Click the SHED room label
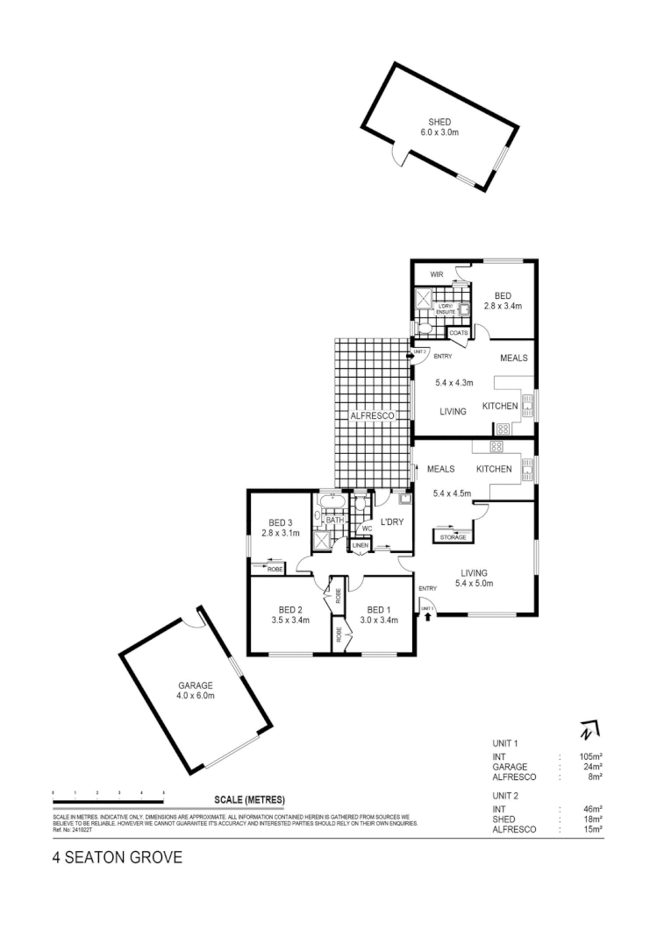point(439,122)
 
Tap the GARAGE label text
point(195,686)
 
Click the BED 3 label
point(282,523)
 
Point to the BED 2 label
point(290,610)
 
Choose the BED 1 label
point(379,610)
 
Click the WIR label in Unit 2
point(437,274)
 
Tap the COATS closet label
point(459,333)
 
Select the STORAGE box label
point(453,537)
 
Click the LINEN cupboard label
point(361,547)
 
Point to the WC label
point(368,528)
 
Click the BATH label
point(335,521)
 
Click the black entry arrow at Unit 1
point(428,617)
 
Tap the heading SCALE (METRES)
point(249,799)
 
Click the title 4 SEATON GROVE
point(118,859)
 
